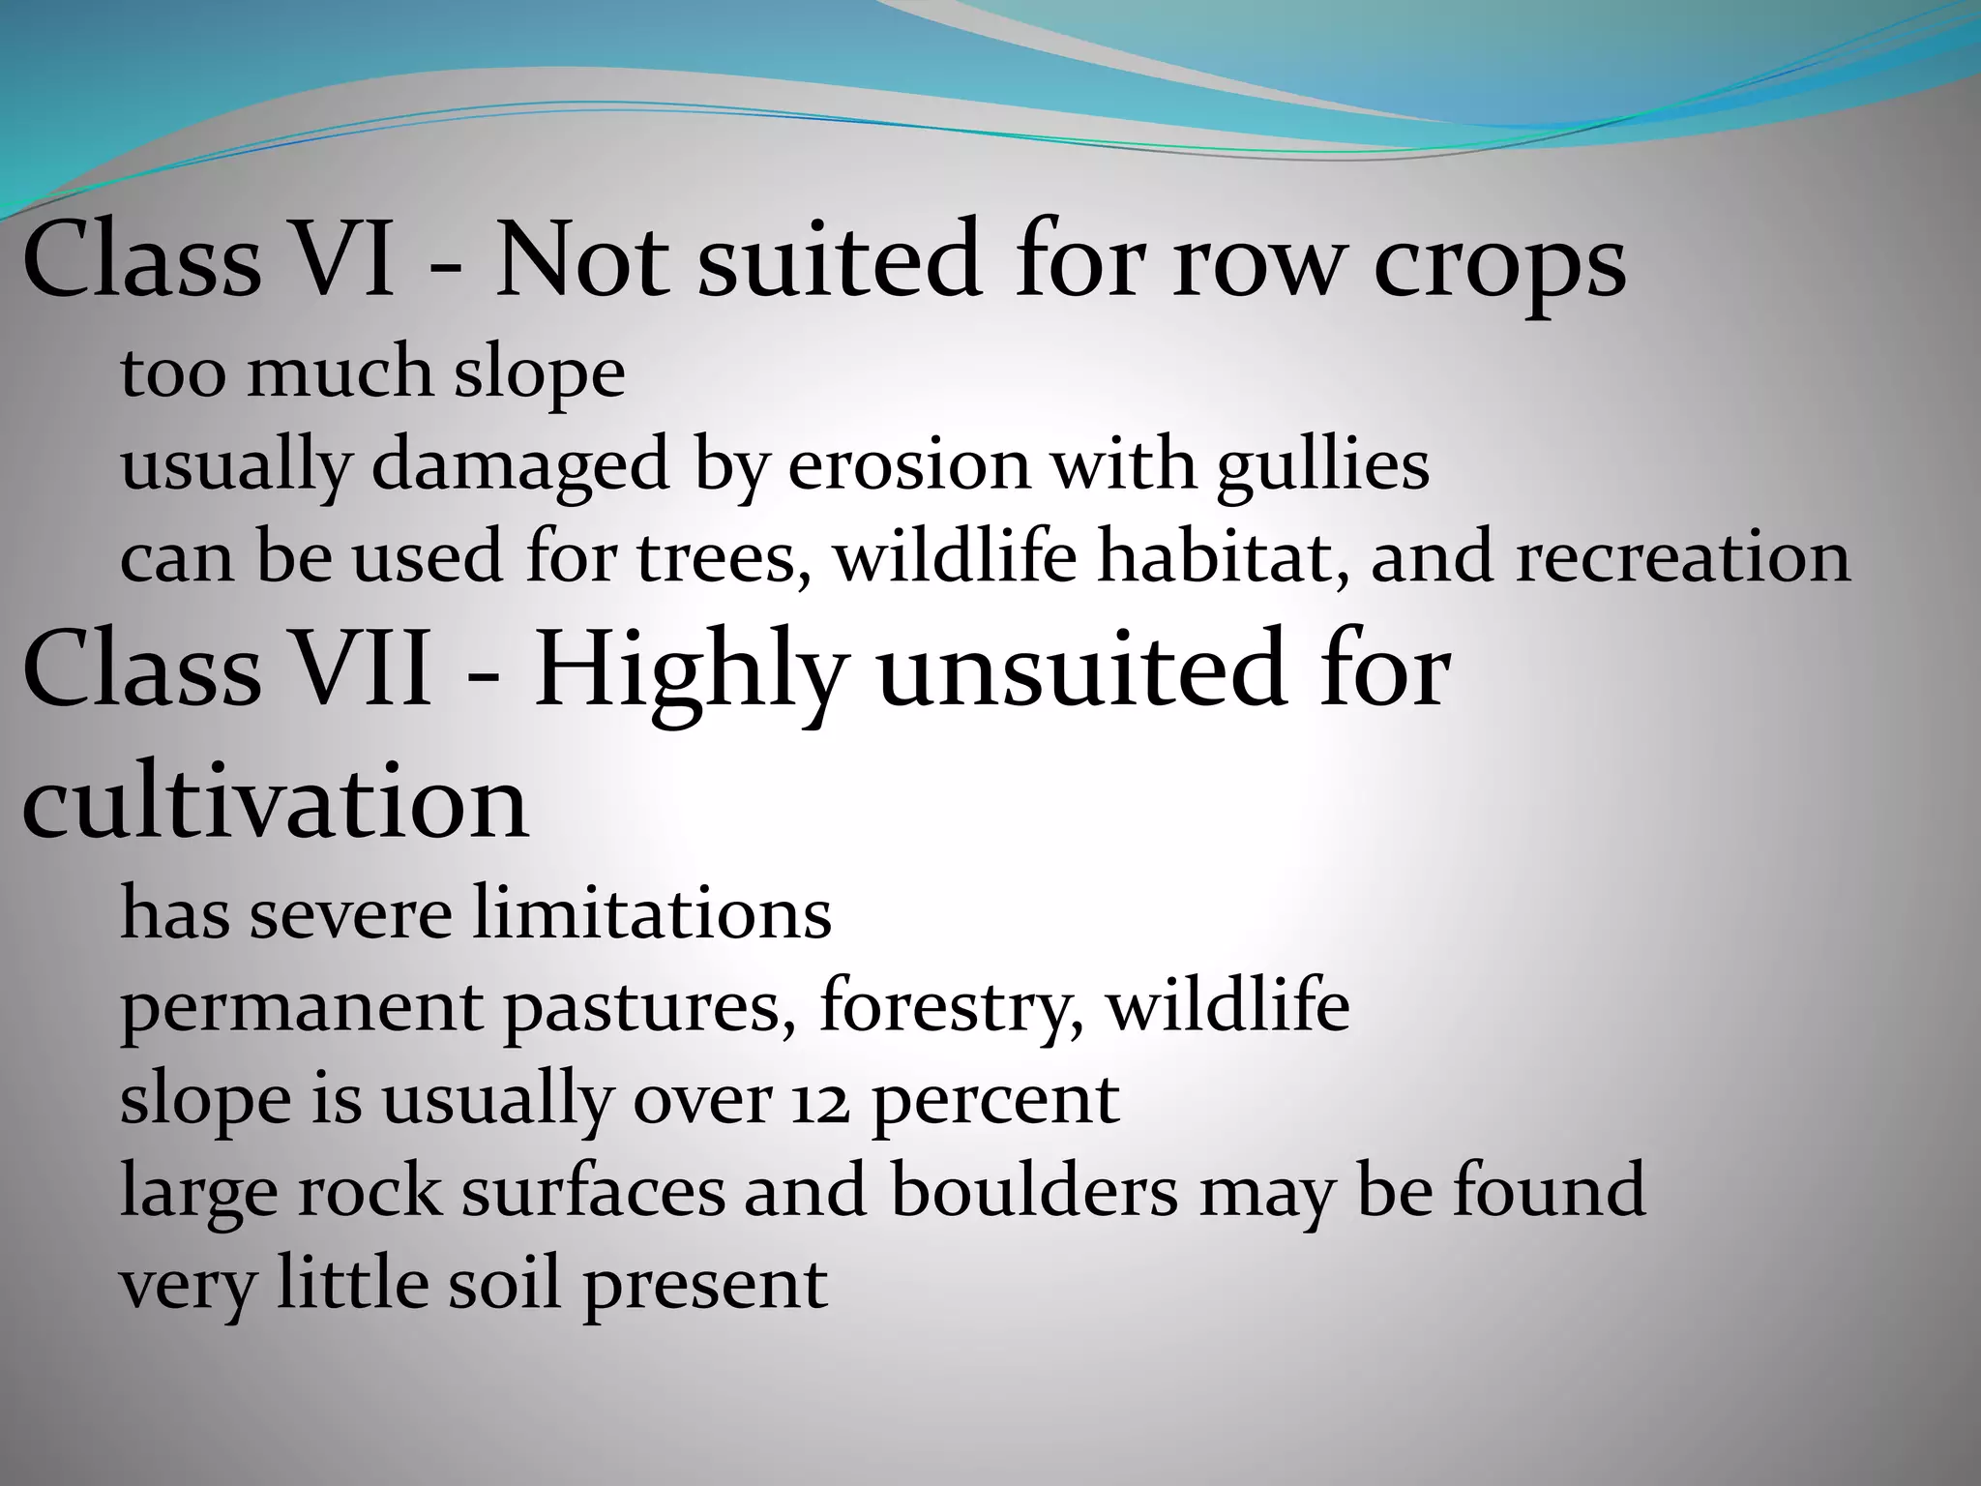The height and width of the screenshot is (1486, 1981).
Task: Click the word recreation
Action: (x=1682, y=558)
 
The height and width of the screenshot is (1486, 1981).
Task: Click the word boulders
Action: (x=1034, y=1191)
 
